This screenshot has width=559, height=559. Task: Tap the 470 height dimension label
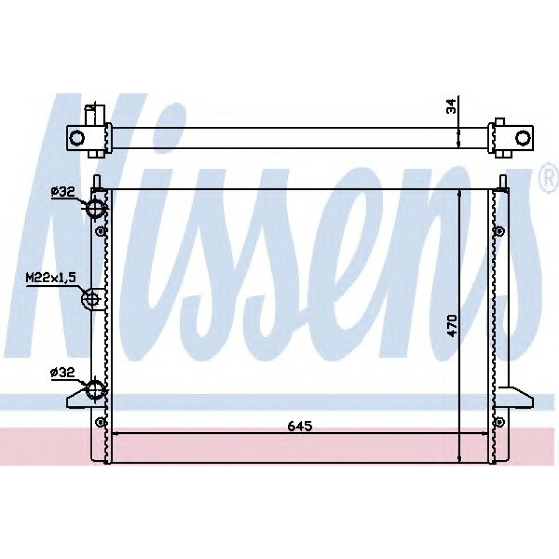pyautogui.click(x=452, y=325)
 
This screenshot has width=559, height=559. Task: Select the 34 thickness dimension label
pyautogui.click(x=451, y=107)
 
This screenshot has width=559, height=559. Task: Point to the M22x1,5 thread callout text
pyautogui.click(x=51, y=277)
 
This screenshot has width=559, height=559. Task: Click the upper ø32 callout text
pyautogui.click(x=63, y=192)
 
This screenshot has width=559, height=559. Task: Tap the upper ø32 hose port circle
pyautogui.click(x=95, y=207)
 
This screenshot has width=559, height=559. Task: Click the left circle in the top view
pyautogui.click(x=77, y=138)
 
